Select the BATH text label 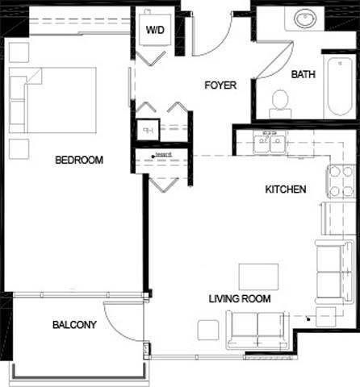303,74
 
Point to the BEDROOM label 79,160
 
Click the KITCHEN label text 286,190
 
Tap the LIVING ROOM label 240,298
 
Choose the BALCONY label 74,325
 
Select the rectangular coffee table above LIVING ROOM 257,275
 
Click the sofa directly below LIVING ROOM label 258,329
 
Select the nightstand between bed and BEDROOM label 19,148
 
